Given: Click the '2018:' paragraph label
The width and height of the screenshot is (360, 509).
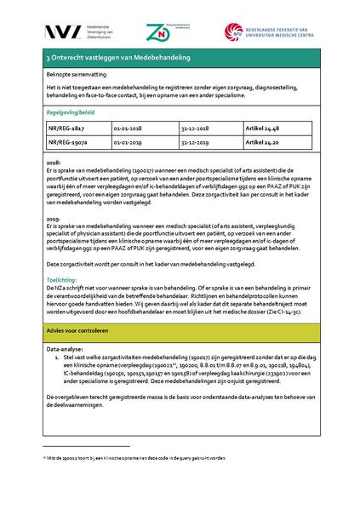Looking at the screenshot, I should [54, 161].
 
